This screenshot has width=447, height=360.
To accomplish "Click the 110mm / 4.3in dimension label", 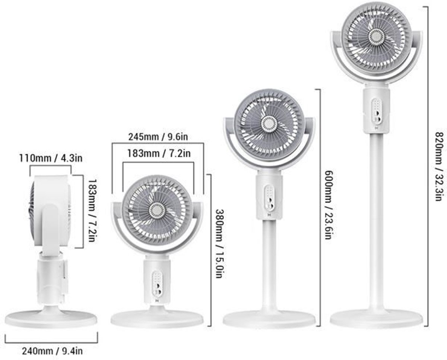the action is coord(51,158).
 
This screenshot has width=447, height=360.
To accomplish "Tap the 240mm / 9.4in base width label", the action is coord(53,351).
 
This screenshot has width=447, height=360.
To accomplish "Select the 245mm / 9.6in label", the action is coord(158,137).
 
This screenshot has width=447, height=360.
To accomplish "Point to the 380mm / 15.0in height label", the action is coord(220,244).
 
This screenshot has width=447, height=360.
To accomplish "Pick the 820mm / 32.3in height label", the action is coord(440,167).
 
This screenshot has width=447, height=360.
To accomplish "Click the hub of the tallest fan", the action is coord(377,37).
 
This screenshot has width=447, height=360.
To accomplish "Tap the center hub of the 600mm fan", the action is coord(269,124).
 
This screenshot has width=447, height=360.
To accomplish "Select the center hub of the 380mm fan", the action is coord(157,210).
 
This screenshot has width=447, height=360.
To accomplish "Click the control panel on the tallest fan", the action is coord(376,111).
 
